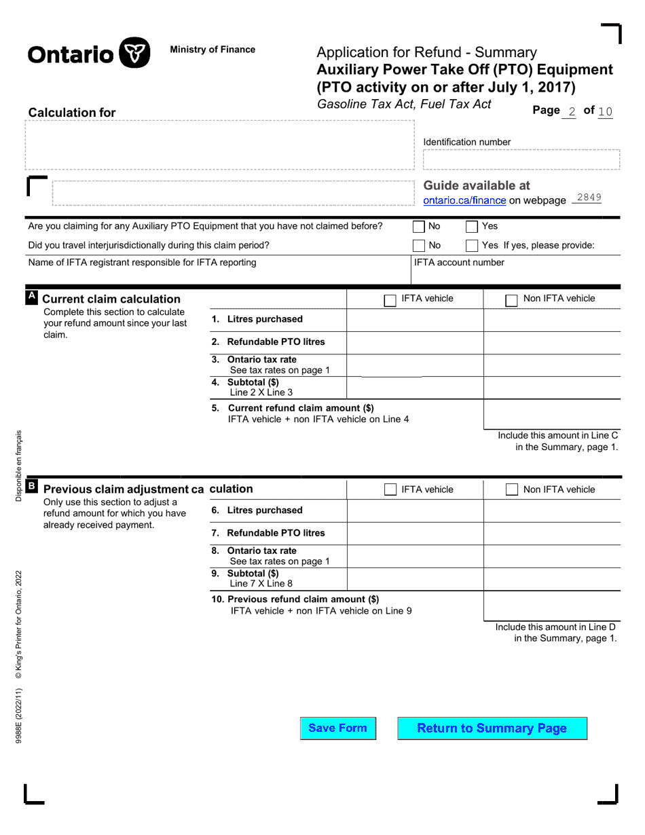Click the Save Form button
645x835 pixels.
(x=337, y=728)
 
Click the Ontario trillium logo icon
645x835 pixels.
(x=134, y=53)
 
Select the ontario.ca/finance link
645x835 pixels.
(x=464, y=200)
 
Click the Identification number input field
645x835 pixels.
(x=521, y=160)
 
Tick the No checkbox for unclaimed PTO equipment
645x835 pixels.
(x=419, y=227)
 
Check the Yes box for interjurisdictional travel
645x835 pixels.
(x=472, y=246)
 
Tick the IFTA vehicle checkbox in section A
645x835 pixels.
(x=390, y=300)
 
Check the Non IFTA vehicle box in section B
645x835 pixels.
(x=512, y=490)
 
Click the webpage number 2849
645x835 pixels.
(x=589, y=198)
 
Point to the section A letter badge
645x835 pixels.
(x=31, y=297)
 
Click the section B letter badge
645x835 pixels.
(x=31, y=486)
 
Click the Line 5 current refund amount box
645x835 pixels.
(x=551, y=414)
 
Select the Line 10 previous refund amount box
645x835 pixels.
(x=551, y=606)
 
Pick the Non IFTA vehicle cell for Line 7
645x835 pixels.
(x=551, y=533)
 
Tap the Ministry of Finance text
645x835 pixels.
(x=213, y=50)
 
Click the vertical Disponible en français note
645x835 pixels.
(x=19, y=466)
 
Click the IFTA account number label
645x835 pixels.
(x=459, y=263)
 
